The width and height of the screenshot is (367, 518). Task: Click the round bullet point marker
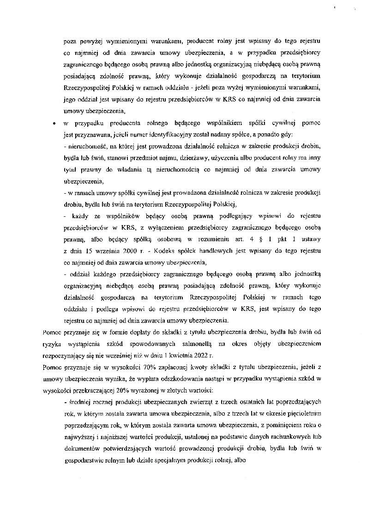pyautogui.click(x=54, y=124)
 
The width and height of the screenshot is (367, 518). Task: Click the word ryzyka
pyautogui.click(x=51, y=344)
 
